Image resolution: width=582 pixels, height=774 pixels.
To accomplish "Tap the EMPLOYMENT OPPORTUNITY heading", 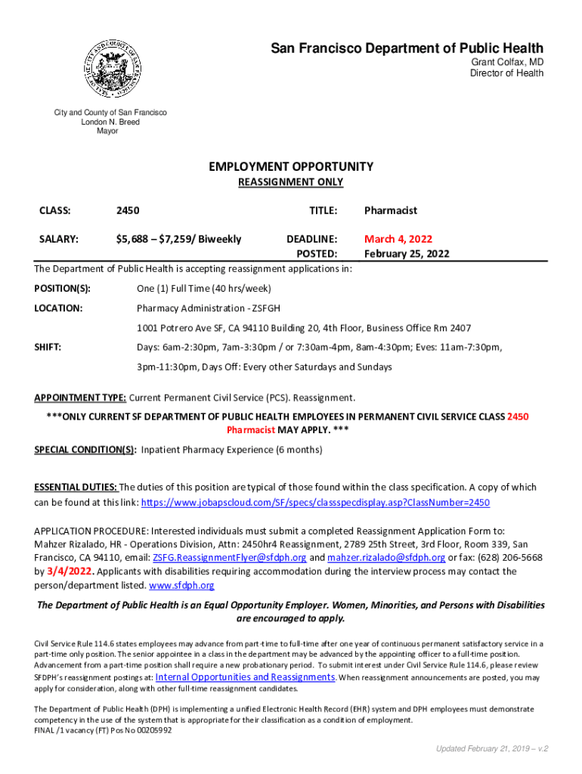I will (x=290, y=166).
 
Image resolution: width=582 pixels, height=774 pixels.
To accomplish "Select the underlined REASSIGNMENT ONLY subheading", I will (x=290, y=182).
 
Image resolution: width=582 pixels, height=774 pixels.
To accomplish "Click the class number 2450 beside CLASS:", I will (x=127, y=211).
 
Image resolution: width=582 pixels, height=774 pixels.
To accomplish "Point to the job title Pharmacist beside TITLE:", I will (x=390, y=211).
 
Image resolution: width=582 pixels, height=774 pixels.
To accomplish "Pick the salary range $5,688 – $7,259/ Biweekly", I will (x=178, y=240).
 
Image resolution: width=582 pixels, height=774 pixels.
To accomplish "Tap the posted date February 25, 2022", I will (x=406, y=254).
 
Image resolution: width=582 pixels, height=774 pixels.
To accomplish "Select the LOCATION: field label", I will (x=58, y=308).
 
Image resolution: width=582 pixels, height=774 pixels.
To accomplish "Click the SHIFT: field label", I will (x=48, y=347).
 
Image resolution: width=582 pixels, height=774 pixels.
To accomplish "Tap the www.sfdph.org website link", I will (x=181, y=586).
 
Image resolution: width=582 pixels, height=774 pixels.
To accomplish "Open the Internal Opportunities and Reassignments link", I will (x=245, y=677).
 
